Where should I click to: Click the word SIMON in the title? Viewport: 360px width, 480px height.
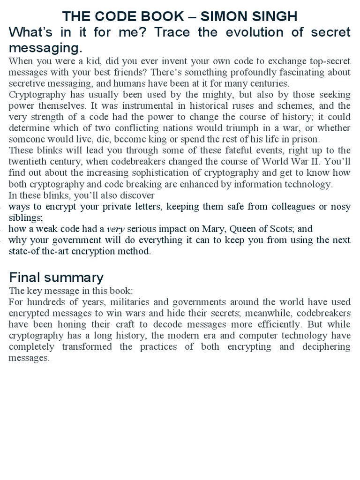pos(223,17)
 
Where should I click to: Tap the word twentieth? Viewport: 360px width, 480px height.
pos(29,162)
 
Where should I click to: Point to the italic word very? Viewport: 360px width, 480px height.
pos(116,229)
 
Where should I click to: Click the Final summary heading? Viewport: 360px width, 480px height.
pos(56,277)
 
